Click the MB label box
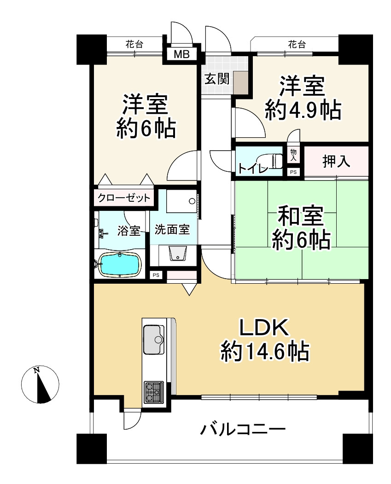click(x=181, y=54)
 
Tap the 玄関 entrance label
click(x=216, y=79)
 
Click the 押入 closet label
click(x=336, y=161)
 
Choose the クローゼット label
click(x=123, y=198)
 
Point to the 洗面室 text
click(x=172, y=230)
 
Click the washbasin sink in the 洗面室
click(x=177, y=254)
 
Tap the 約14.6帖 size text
click(x=264, y=352)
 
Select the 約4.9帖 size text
click(x=303, y=111)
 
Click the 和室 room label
click(x=300, y=216)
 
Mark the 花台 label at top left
click(x=134, y=45)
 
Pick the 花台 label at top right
click(x=297, y=45)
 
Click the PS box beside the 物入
click(x=293, y=172)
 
